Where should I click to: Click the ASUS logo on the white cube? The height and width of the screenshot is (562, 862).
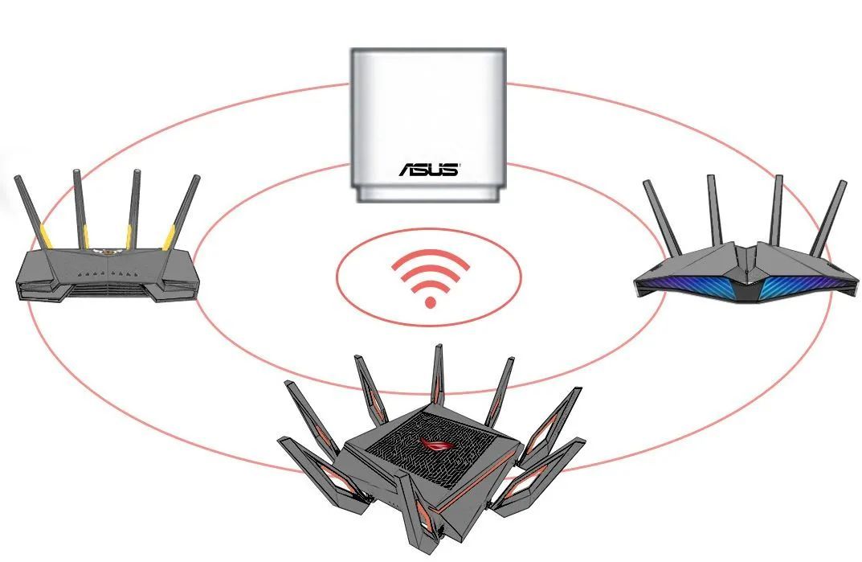coord(429,170)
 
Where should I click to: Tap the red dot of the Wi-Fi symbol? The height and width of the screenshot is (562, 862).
coord(430,302)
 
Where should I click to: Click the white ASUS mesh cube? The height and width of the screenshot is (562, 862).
coord(428,121)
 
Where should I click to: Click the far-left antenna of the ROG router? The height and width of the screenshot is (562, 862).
coord(299,410)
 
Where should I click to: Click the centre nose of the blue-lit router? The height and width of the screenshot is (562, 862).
coord(746,273)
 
